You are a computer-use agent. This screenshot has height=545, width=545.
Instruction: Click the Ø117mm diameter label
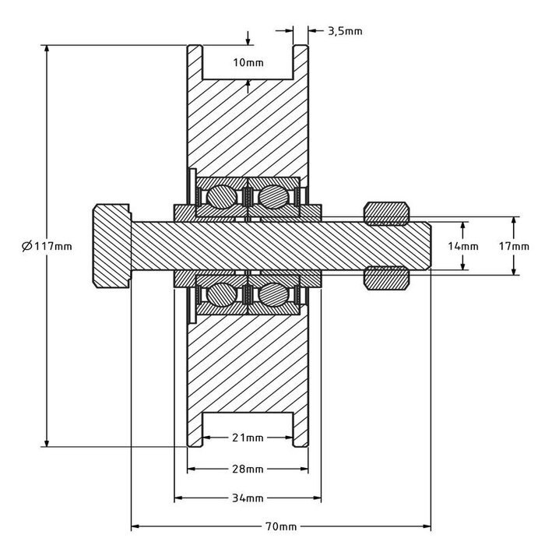point(47,246)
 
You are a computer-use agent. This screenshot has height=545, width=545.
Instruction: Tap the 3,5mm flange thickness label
point(346,32)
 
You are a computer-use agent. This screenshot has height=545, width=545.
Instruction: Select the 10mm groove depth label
point(248,62)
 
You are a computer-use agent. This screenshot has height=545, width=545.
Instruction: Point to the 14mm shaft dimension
point(464,246)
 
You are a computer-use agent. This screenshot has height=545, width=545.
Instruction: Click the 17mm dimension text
point(514,246)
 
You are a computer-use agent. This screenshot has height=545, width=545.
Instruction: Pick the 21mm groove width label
point(248,438)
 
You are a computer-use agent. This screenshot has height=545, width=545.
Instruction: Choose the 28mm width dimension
point(248,469)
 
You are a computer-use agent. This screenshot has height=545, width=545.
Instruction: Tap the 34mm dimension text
point(248,498)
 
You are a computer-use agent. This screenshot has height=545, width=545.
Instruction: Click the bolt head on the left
point(112,246)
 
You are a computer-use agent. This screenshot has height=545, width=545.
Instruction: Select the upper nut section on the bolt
point(387,212)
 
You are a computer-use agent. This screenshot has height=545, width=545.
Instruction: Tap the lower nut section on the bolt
point(387,278)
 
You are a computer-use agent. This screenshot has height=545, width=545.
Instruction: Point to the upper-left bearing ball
point(220,195)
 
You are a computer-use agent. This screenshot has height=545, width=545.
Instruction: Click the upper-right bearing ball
point(272,195)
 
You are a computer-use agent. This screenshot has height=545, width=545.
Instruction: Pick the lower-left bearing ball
point(220,295)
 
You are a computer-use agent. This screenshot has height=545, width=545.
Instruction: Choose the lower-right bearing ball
point(272,295)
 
